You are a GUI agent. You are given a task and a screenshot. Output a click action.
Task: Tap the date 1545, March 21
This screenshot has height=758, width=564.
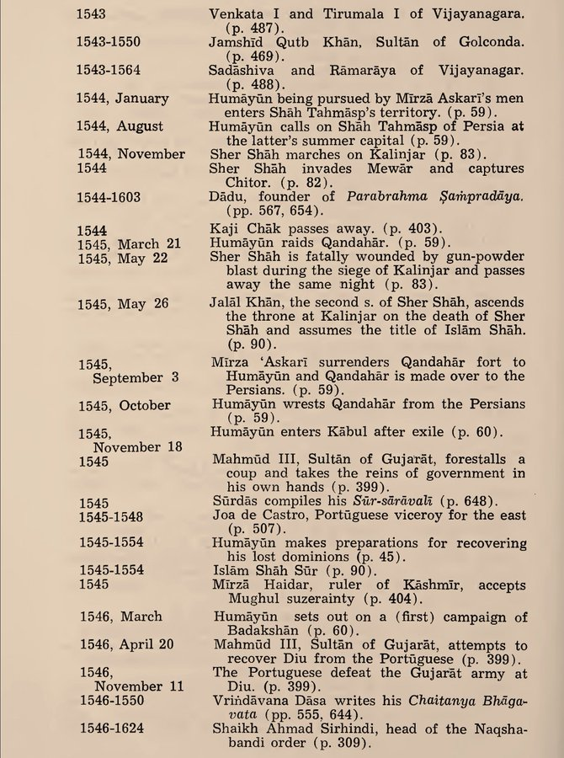(129, 243)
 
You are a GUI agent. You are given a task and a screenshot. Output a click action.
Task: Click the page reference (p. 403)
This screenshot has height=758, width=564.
(417, 229)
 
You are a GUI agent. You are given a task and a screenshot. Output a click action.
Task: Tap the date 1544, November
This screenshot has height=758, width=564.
(131, 154)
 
